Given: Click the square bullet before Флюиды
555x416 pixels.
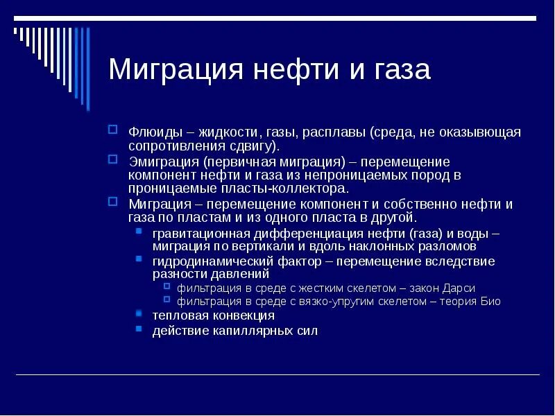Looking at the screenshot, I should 113,129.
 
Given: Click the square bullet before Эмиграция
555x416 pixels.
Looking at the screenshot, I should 113,158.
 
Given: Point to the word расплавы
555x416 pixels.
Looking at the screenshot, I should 334,132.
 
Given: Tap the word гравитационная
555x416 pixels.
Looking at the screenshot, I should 196,234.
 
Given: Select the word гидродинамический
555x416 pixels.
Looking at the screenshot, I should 206,262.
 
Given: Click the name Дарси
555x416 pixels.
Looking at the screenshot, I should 459,288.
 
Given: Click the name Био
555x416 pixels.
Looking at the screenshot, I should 490,302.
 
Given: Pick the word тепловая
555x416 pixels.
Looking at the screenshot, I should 178,316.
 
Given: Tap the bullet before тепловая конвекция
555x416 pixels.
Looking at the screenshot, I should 139,314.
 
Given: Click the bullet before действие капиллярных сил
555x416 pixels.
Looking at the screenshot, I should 139,329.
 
